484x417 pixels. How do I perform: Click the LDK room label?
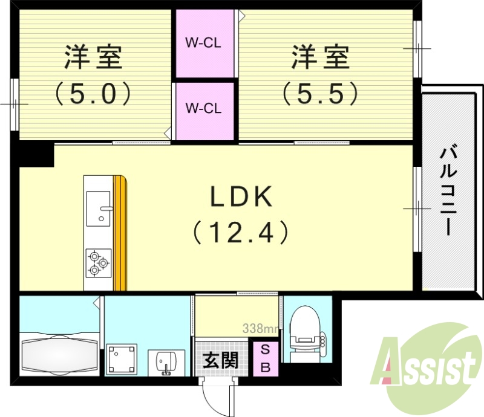[240, 198]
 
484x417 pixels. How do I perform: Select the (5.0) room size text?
[94, 93]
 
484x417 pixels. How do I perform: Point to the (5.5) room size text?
[320, 93]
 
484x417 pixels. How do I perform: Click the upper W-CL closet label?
[203, 44]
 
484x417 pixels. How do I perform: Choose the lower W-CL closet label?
[203, 109]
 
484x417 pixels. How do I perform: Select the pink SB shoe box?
[266, 358]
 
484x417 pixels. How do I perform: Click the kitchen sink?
[99, 208]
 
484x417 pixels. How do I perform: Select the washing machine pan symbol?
[123, 360]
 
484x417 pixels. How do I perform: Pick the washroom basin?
[164, 363]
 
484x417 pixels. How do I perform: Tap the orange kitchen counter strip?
[121, 233]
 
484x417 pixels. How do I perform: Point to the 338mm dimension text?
[260, 329]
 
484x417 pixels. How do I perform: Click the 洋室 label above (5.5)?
[320, 59]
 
